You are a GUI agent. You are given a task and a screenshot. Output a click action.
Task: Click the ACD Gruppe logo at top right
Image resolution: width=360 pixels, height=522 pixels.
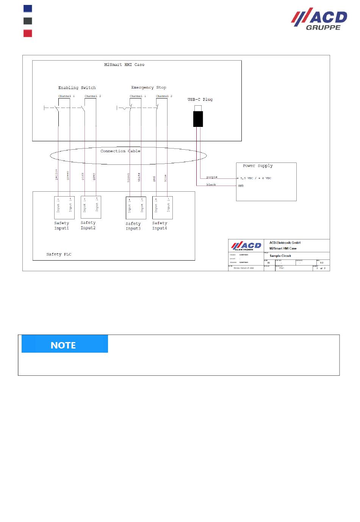(319, 19)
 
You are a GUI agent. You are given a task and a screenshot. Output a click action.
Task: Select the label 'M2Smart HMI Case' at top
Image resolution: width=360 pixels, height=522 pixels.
(124, 65)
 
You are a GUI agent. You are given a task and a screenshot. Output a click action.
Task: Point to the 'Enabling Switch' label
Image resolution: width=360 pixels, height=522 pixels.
(77, 88)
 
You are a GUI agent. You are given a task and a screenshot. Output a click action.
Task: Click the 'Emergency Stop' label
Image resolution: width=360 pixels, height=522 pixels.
(149, 88)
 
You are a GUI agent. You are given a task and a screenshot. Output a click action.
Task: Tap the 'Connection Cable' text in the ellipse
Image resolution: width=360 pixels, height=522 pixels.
(120, 151)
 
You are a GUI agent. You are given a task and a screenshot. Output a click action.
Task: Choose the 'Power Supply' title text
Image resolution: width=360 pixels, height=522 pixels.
(258, 166)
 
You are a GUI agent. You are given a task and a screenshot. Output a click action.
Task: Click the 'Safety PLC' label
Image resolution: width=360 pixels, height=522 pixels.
(59, 255)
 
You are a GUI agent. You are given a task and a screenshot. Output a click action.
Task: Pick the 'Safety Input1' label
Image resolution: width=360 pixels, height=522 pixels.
(61, 226)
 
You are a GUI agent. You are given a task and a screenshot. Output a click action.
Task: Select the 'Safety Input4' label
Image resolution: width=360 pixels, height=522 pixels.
(160, 226)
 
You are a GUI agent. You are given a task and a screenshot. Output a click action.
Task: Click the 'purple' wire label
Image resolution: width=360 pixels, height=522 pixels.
(212, 177)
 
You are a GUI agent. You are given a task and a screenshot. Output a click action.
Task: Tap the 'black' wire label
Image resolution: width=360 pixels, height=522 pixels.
(211, 184)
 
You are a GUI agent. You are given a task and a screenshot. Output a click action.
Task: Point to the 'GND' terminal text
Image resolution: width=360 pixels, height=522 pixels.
(241, 186)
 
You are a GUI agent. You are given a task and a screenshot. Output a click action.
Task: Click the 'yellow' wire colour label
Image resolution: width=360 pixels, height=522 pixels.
(56, 174)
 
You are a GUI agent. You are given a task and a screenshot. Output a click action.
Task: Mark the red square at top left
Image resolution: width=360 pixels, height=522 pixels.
(28, 33)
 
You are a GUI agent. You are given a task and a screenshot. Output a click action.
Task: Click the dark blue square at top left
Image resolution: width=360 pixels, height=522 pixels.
(28, 8)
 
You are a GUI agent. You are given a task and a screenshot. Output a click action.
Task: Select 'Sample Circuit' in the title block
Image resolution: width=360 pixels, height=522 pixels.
(280, 256)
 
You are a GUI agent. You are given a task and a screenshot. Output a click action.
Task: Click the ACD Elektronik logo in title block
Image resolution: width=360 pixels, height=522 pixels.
(246, 246)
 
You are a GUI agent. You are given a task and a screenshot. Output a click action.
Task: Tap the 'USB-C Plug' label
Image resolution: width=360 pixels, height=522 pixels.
(200, 100)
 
